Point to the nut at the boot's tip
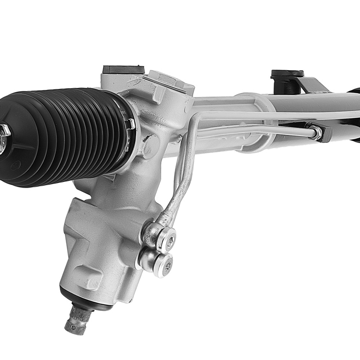tap(4, 131)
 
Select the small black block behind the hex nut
tap(326, 133)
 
